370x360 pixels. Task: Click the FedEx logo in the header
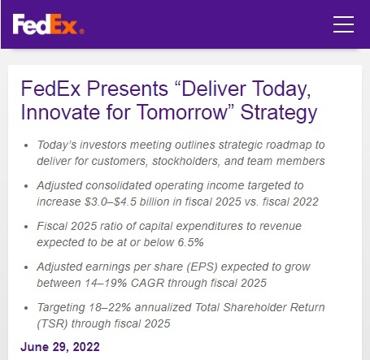click(48, 24)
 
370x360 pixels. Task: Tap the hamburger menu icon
click(343, 24)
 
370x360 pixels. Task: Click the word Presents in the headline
click(128, 89)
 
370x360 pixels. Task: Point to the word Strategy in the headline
click(279, 113)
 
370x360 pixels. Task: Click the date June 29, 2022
click(60, 347)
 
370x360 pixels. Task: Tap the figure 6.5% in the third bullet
click(190, 242)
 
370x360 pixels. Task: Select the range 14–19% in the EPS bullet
click(106, 283)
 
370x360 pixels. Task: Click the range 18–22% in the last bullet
click(111, 307)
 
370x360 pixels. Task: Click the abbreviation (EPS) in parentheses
click(202, 267)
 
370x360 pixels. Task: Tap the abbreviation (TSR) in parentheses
click(52, 323)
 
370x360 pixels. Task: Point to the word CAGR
click(147, 283)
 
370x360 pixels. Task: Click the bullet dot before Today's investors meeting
click(26, 145)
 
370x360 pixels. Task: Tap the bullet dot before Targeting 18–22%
click(26, 308)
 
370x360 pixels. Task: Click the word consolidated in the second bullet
click(118, 185)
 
